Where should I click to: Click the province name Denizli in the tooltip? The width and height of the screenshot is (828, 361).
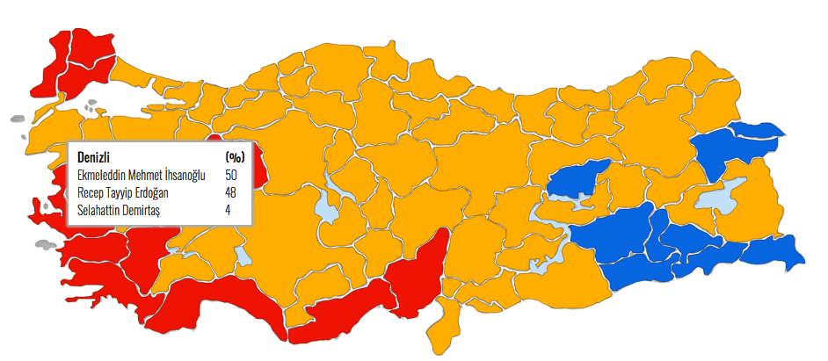tap(94, 156)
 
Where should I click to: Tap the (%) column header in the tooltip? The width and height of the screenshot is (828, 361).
tap(234, 156)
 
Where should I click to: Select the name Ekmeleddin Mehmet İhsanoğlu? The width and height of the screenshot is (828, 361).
tap(141, 176)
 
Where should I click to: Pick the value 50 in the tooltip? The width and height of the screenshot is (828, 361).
tap(231, 176)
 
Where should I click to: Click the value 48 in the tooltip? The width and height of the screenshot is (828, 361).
tap(231, 192)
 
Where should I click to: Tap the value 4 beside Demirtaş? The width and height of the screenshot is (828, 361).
tap(228, 210)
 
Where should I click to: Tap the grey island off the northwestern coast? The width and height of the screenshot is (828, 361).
tap(16, 119)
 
